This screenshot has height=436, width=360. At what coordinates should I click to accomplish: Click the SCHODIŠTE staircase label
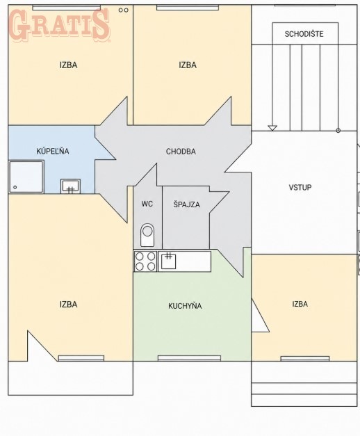tap(304, 34)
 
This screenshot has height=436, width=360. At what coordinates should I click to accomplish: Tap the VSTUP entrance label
tap(300, 188)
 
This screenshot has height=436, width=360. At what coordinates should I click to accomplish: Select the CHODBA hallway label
tap(181, 152)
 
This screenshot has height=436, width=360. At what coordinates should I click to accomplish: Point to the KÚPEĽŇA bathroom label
tap(53, 151)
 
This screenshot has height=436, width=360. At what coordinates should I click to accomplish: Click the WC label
tap(147, 204)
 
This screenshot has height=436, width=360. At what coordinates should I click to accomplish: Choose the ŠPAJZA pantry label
tap(186, 204)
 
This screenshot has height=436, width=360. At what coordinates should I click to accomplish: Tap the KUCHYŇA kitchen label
tap(185, 306)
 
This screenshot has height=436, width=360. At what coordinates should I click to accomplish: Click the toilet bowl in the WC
tap(147, 235)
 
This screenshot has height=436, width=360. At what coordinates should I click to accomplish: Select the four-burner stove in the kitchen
tap(145, 261)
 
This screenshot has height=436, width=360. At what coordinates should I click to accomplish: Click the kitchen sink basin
tap(168, 261)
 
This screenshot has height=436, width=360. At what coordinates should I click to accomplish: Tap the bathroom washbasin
tap(71, 186)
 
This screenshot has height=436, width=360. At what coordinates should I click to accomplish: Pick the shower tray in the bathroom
tap(26, 177)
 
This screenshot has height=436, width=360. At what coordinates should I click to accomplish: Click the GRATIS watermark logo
tap(59, 24)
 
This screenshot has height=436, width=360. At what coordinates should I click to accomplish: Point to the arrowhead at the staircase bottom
tap(272, 128)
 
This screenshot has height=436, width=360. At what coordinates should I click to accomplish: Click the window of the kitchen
tap(189, 358)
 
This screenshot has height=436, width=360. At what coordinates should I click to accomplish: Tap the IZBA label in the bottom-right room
tap(300, 304)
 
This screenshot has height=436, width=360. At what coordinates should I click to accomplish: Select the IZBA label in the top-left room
tap(68, 65)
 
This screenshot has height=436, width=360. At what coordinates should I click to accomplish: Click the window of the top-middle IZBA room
tap(188, 8)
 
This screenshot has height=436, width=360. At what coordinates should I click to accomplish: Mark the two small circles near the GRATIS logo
tap(124, 10)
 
